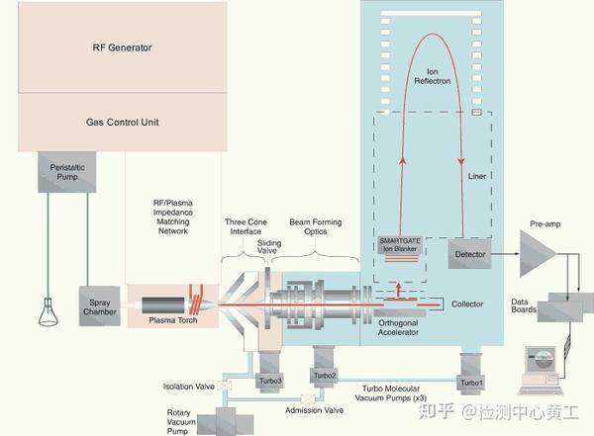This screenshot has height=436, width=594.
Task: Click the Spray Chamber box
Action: tap(99, 306)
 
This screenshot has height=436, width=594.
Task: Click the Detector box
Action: tap(469, 255)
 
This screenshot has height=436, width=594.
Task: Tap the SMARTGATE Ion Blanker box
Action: tap(400, 247)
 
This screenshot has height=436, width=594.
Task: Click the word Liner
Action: tap(477, 177)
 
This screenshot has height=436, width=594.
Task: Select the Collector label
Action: tap(466, 304)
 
